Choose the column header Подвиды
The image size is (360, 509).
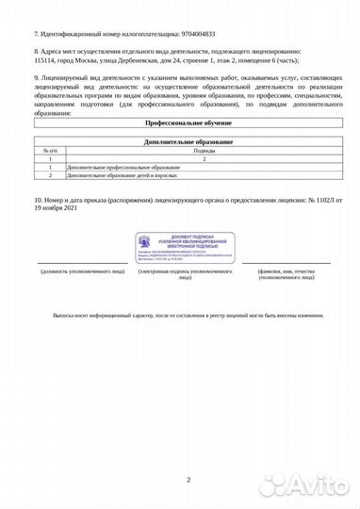click(x=205, y=150)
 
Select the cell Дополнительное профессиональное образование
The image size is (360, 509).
click(x=113, y=167)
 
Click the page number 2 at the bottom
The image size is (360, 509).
click(x=188, y=480)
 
